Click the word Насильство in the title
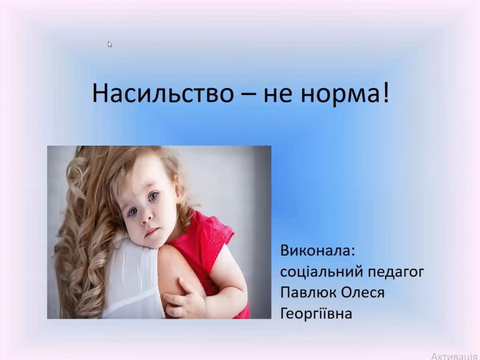point(163,93)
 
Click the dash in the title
point(247,94)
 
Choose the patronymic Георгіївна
point(316,314)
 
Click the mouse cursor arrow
point(110,45)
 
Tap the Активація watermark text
point(454,356)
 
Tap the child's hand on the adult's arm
point(184,299)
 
